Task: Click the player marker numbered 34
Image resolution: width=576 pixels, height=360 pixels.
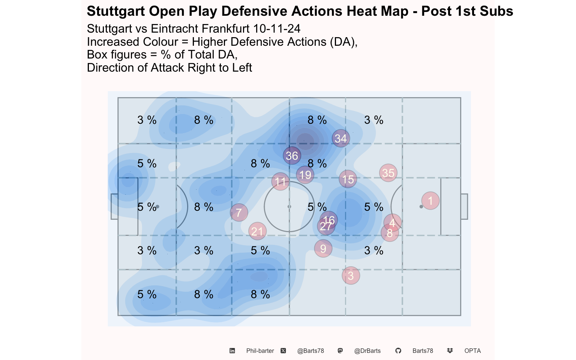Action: click(341, 138)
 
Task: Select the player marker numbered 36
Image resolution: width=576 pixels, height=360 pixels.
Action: click(292, 156)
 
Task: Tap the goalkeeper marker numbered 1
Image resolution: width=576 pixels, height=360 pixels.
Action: click(430, 201)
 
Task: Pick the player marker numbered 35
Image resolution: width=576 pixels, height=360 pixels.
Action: click(388, 173)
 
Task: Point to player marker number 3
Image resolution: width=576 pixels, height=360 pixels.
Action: click(351, 276)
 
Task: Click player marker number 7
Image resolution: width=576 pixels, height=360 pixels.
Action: click(239, 212)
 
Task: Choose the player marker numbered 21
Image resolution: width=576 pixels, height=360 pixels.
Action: click(257, 231)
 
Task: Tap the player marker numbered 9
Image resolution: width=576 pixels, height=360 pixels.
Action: click(323, 249)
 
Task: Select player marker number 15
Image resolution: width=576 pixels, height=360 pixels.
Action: click(348, 179)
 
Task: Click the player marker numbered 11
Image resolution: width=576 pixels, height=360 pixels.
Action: click(280, 181)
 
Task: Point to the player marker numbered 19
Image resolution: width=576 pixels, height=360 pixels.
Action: click(305, 175)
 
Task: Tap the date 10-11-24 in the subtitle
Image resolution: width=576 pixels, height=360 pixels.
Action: click(277, 28)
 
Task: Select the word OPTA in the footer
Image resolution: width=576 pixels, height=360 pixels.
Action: click(472, 351)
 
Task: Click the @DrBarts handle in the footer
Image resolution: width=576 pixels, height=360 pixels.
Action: click(367, 351)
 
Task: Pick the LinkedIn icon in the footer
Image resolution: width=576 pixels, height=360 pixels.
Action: click(232, 351)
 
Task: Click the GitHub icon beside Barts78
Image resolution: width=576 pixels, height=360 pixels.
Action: click(398, 351)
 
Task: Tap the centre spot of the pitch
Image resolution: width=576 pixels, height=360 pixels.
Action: click(289, 207)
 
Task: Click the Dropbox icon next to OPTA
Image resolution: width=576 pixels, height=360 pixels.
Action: click(450, 351)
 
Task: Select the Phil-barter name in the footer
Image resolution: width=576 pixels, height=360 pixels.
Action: click(260, 351)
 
